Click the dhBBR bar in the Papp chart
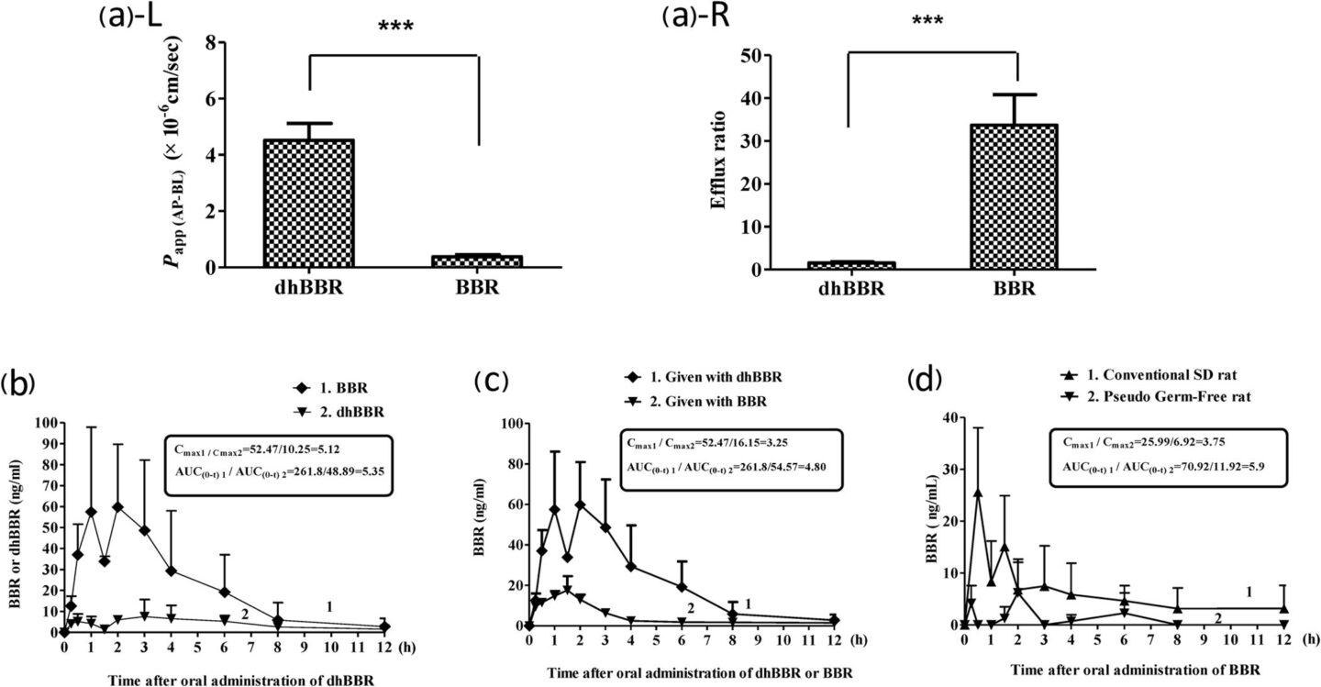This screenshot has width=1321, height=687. [309, 203]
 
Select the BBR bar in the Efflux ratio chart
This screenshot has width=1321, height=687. [1017, 196]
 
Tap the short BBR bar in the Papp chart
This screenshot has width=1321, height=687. [478, 261]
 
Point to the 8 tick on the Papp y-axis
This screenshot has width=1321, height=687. [212, 42]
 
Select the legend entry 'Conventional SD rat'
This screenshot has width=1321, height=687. [1165, 376]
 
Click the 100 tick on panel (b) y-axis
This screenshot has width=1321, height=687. [44, 423]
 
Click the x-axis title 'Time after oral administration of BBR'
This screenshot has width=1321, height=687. [1116, 671]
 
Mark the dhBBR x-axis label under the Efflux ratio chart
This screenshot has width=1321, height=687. [849, 289]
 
